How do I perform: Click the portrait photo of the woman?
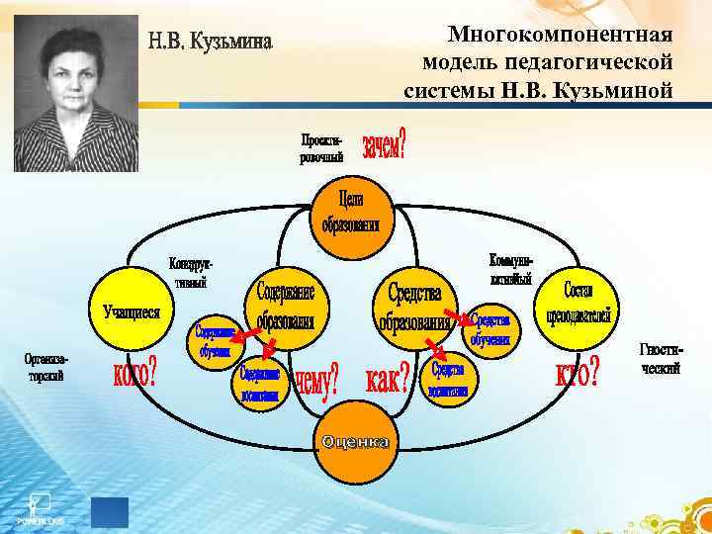[75, 94]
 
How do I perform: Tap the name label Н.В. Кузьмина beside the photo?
[210, 44]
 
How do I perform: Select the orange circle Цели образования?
[350, 211]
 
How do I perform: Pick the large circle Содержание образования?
[286, 306]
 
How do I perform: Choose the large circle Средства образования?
[415, 306]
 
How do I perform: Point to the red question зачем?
[384, 148]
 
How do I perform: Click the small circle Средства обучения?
[490, 330]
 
